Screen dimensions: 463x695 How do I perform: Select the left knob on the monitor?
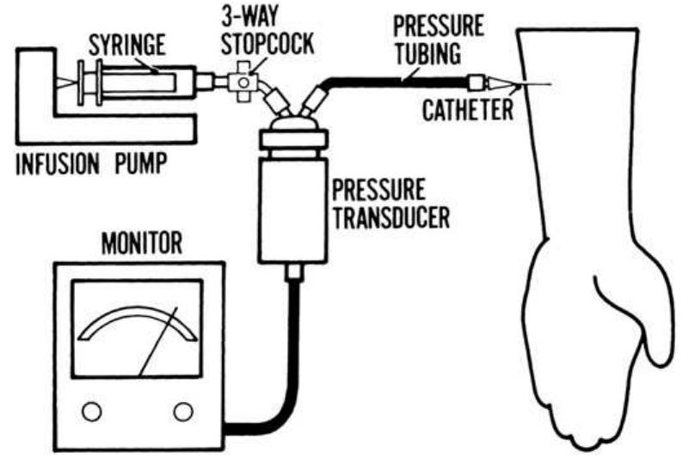pyautogui.click(x=91, y=412)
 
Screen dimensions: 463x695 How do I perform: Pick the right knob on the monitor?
pyautogui.click(x=181, y=412)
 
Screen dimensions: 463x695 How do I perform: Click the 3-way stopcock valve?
pyautogui.click(x=246, y=83)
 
